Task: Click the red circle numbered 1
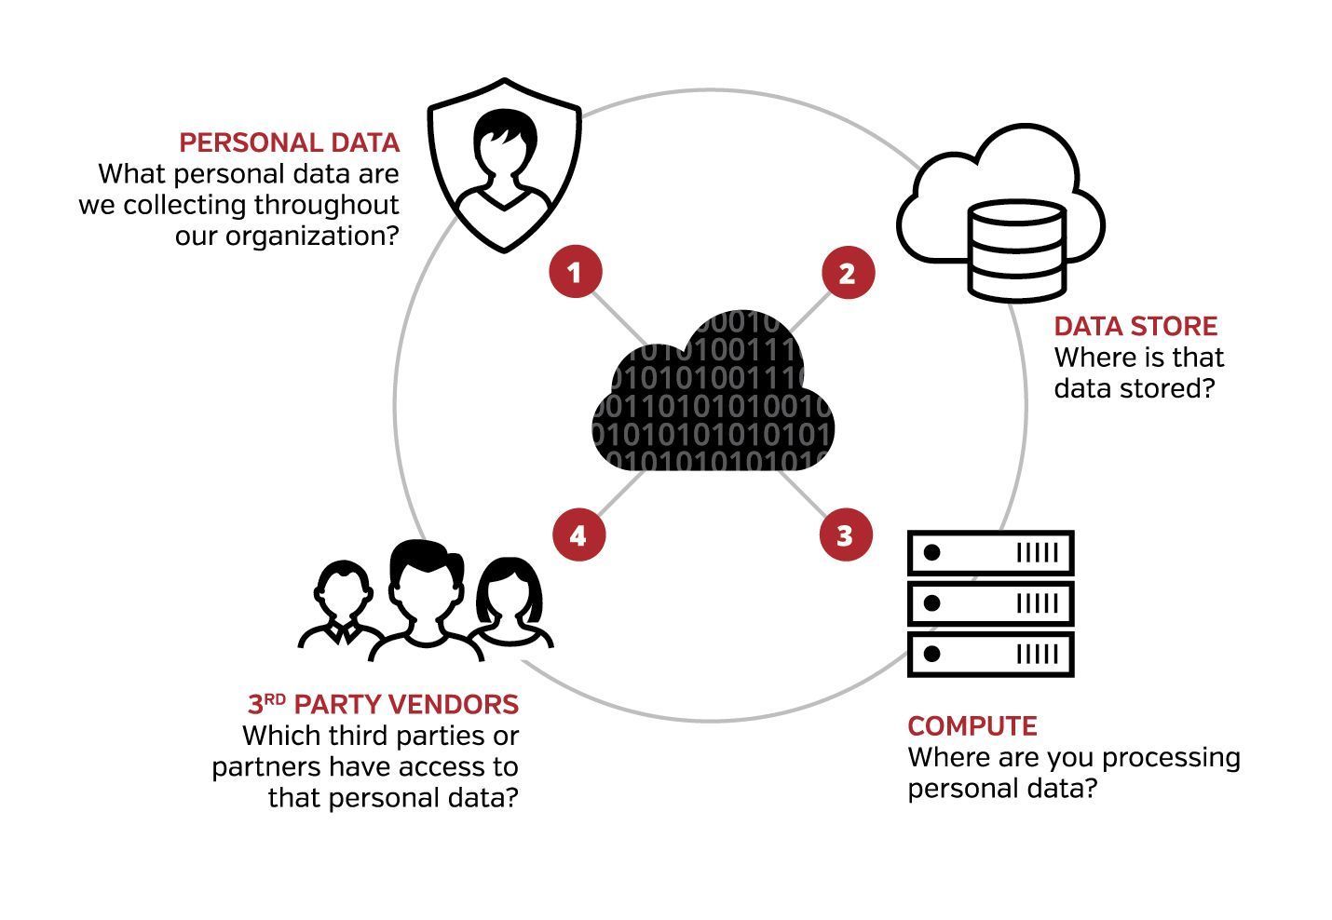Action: click(x=576, y=272)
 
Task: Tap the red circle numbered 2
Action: click(x=848, y=273)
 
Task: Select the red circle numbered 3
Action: click(x=845, y=535)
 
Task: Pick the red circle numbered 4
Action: click(x=578, y=535)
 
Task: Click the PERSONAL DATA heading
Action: click(x=289, y=142)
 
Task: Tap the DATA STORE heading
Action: click(x=1135, y=326)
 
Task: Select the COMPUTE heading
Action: click(x=972, y=726)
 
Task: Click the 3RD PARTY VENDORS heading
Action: click(x=383, y=704)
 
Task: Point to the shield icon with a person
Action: click(x=504, y=165)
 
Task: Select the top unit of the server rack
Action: click(x=990, y=553)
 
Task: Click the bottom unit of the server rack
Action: click(x=990, y=654)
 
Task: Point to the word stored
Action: click(x=1170, y=388)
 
